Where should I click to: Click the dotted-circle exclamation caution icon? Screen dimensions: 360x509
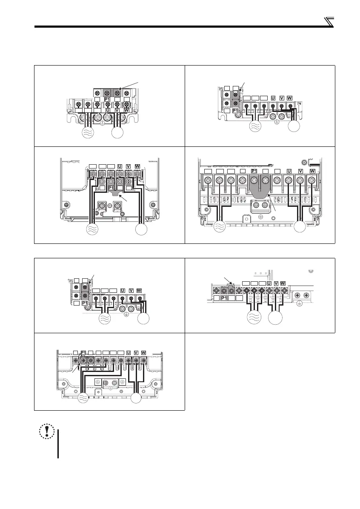click(44, 431)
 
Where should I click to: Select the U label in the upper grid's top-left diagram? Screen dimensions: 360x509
click(108, 110)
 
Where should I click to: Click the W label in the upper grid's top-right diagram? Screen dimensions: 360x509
click(290, 97)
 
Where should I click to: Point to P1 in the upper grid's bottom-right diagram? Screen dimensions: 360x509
click(254, 171)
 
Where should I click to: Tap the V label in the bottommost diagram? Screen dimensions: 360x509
click(136, 353)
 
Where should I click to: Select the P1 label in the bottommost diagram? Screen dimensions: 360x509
click(84, 353)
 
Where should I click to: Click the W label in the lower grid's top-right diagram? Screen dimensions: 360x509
click(283, 283)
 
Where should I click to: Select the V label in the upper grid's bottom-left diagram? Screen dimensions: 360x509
click(128, 166)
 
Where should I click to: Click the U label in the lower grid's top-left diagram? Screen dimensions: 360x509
click(123, 290)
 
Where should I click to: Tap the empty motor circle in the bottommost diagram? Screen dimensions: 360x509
click(136, 398)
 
